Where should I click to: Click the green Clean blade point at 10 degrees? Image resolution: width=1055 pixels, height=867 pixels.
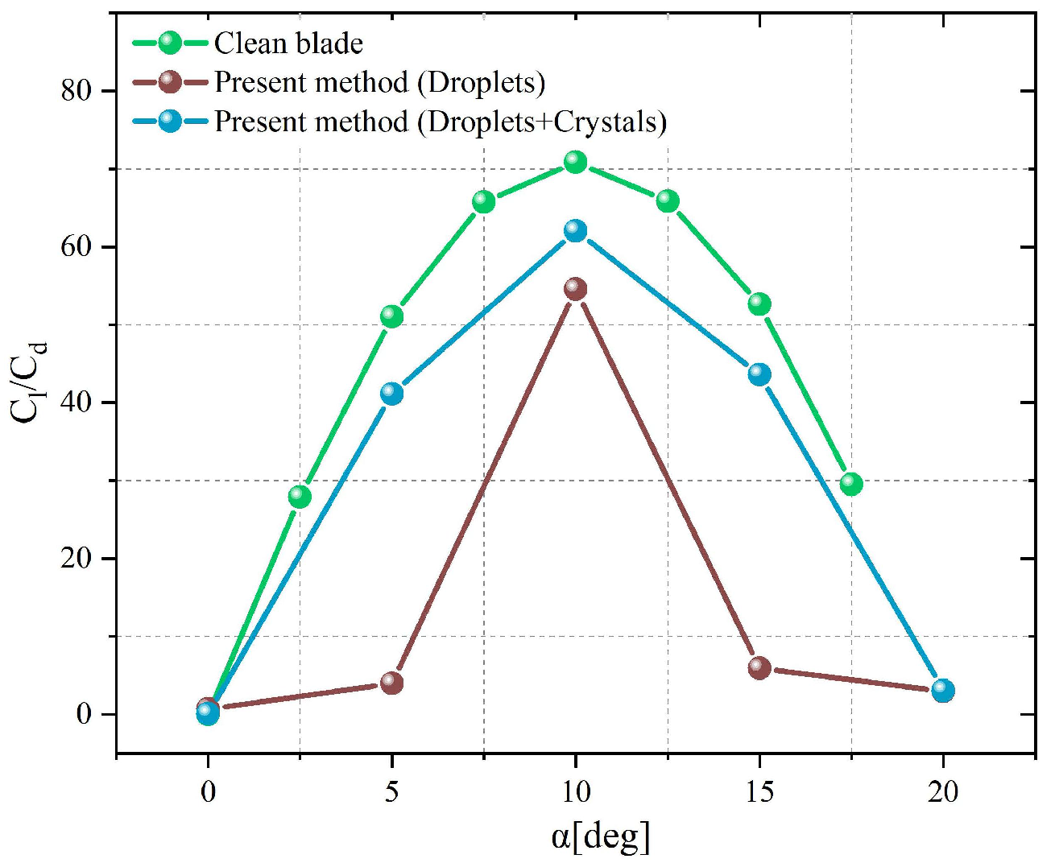[x=575, y=162]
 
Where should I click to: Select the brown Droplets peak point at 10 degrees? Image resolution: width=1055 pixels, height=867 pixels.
[x=575, y=289]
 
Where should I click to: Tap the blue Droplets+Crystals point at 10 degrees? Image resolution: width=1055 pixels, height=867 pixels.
[x=575, y=231]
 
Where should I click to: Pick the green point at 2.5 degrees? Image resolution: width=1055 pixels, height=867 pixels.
[x=300, y=497]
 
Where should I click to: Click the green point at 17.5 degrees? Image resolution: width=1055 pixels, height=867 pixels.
[x=851, y=484]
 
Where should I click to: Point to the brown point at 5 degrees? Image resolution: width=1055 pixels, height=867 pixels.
[x=391, y=683]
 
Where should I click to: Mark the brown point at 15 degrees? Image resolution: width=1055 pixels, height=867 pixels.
[x=759, y=667]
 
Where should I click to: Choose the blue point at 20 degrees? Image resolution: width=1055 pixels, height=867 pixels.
[x=943, y=691]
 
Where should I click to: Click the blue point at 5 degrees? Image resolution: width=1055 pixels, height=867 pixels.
[x=391, y=394]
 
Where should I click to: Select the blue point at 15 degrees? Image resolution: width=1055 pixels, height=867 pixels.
[x=759, y=374]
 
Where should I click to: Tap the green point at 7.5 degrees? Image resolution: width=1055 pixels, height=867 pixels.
[x=483, y=201]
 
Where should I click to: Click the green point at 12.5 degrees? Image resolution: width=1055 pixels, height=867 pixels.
[x=668, y=201]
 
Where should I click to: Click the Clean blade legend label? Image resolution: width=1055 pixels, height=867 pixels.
[x=288, y=43]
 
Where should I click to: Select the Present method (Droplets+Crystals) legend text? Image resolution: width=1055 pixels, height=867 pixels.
[x=441, y=122]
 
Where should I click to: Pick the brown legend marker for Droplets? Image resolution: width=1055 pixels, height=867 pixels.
[x=170, y=82]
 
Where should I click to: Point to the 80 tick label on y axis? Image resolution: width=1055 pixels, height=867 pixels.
[x=77, y=90]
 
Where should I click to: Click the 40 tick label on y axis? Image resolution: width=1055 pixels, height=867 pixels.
[x=77, y=402]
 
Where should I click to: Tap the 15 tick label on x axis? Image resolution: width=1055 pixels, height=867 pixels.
[x=759, y=792]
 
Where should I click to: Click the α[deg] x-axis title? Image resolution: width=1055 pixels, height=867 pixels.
[x=601, y=837]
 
